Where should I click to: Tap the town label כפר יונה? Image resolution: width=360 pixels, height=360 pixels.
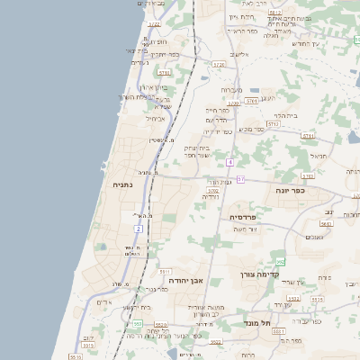tap(292, 191)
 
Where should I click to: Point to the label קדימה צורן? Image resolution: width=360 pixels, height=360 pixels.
tap(261, 274)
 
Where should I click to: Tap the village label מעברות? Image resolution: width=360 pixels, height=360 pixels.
tap(232, 90)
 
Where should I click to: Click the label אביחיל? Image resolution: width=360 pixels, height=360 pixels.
tap(155, 118)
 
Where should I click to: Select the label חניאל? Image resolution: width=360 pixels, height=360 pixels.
tap(317, 156)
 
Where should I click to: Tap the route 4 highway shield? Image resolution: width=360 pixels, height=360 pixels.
tap(230, 162)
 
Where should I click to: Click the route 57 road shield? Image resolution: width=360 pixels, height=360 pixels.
tap(240, 178)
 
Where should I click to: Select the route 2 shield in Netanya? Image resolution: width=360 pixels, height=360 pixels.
tap(139, 229)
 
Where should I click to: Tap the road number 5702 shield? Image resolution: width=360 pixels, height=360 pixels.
tap(213, 191)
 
